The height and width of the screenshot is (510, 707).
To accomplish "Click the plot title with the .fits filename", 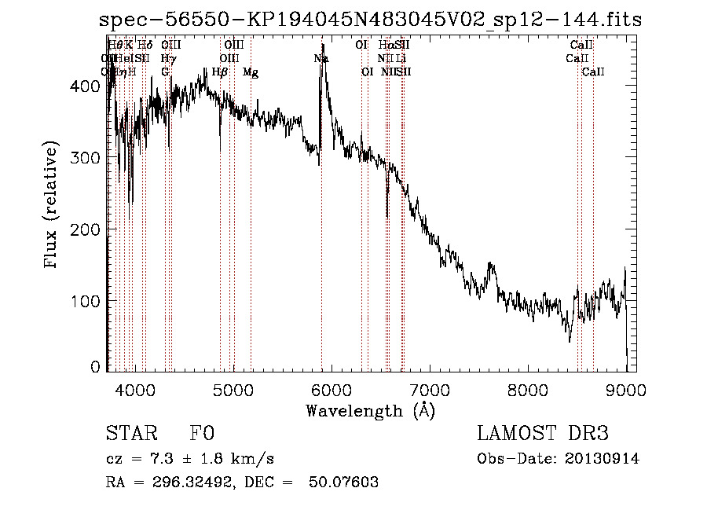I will (372, 20).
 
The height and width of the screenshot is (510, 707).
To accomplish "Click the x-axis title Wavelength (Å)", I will (370, 409).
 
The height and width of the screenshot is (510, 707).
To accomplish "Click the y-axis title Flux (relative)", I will (52, 206).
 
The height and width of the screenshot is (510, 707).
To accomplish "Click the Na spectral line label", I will (321, 59).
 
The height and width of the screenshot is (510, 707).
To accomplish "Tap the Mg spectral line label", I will (251, 72).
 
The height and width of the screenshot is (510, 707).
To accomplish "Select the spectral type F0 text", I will (202, 434).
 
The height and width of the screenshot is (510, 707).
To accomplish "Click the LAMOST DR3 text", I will (542, 434).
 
